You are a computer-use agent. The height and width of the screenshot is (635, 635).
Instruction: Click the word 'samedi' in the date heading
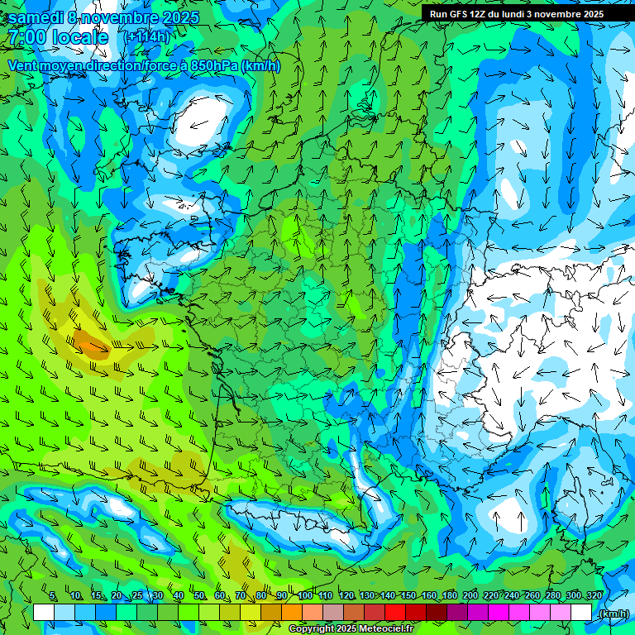pyautogui.click(x=35, y=17)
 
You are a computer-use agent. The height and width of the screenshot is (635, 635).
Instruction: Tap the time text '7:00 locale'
pyautogui.click(x=58, y=37)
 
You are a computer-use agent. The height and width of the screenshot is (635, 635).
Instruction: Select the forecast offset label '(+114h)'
pyautogui.click(x=146, y=37)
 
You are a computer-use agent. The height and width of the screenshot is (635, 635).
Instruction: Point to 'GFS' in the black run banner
pyautogui.click(x=461, y=14)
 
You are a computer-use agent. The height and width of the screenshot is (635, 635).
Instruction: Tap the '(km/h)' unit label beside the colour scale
pyautogui.click(x=613, y=614)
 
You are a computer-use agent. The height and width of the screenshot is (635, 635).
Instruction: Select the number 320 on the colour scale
pyautogui.click(x=594, y=596)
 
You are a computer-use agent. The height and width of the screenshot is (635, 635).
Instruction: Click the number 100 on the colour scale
pyautogui.click(x=305, y=596)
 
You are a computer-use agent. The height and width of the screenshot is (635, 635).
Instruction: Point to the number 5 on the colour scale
pyautogui.click(x=54, y=596)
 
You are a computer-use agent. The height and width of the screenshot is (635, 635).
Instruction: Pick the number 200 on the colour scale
pyautogui.click(x=470, y=596)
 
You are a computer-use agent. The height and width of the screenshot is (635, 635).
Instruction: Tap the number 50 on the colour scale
pyautogui.click(x=199, y=596)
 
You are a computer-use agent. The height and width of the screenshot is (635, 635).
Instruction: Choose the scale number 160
pyautogui.click(x=429, y=596)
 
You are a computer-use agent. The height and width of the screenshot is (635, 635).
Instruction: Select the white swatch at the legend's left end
pyautogui.click(x=44, y=613)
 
